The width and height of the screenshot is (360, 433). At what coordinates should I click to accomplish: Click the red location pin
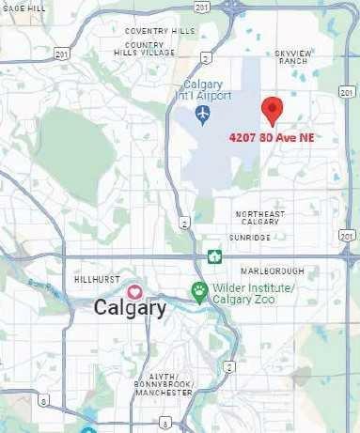tap(272, 110)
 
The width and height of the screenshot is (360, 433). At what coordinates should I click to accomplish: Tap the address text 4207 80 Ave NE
tap(271, 137)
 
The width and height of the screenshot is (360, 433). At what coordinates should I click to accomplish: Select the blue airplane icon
tap(203, 115)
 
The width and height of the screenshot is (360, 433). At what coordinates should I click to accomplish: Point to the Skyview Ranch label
tap(292, 58)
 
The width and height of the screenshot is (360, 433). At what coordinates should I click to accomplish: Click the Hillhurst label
tap(93, 280)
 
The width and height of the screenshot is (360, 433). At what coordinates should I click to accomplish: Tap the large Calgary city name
tap(130, 308)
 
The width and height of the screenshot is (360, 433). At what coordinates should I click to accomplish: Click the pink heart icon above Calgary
tap(135, 291)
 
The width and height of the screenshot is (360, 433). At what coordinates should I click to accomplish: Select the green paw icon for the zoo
tap(198, 288)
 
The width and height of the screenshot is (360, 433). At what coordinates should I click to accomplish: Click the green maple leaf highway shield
tap(214, 256)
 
